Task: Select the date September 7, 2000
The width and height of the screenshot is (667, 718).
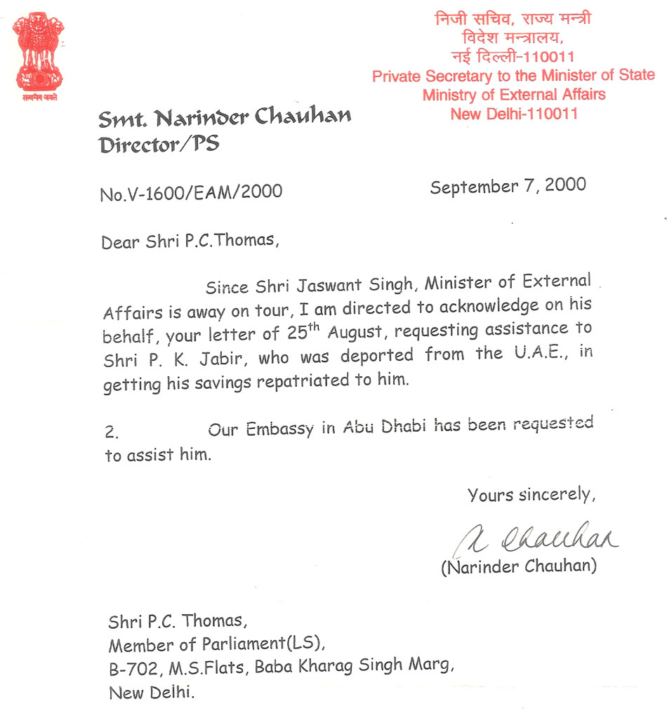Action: click(x=508, y=187)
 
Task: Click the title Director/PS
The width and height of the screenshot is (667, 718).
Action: click(x=159, y=145)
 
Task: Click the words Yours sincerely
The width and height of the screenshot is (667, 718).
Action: click(x=531, y=495)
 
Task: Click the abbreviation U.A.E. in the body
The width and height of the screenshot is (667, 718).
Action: click(x=543, y=353)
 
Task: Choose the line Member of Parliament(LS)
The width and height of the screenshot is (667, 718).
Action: click(x=216, y=644)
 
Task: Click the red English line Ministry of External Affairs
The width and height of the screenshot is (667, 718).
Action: click(x=514, y=94)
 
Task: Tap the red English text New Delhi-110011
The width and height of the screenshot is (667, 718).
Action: click(x=514, y=113)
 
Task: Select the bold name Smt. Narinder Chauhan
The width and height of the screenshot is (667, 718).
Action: click(x=225, y=118)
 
